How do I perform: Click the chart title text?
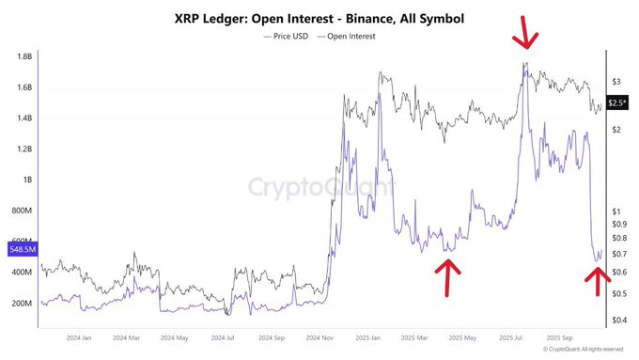tap(319, 17)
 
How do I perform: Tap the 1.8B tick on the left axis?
tap(20, 56)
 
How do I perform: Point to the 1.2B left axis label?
tap(20, 149)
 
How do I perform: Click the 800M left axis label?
tap(20, 211)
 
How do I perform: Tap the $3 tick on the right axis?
tap(616, 82)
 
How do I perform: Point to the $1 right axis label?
tap(616, 211)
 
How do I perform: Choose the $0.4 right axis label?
tap(618, 320)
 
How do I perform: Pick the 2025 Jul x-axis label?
tap(513, 337)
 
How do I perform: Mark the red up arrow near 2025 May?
tap(449, 276)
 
